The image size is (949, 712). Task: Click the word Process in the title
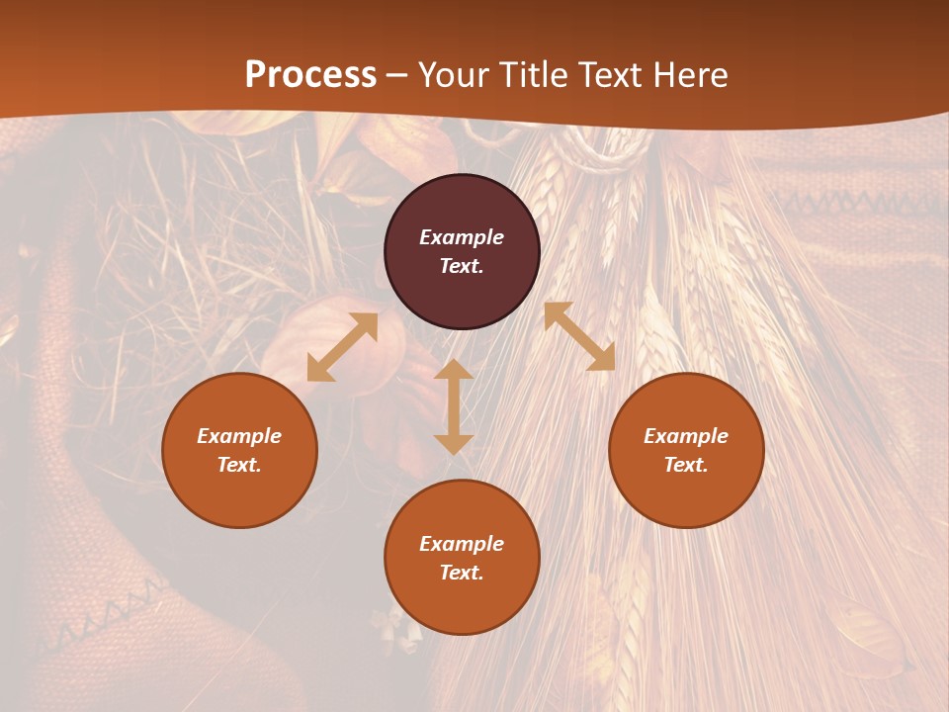click(x=310, y=75)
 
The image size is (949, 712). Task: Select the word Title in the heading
click(x=537, y=75)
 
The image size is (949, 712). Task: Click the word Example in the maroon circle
click(x=462, y=237)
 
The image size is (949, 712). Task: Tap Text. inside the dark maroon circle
click(x=462, y=266)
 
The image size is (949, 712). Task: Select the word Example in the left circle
click(x=239, y=436)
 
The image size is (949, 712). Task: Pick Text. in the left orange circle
click(x=239, y=465)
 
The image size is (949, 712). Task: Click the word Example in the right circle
click(x=686, y=436)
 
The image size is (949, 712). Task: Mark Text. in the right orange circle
click(x=686, y=465)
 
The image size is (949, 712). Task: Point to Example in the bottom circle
click(x=462, y=544)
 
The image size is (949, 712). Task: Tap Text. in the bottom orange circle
click(x=462, y=573)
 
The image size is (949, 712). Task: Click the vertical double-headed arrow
click(x=454, y=406)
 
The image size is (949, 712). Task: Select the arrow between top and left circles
click(x=342, y=347)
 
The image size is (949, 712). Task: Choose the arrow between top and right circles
click(x=579, y=336)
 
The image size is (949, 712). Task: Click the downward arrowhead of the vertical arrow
click(x=454, y=444)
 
